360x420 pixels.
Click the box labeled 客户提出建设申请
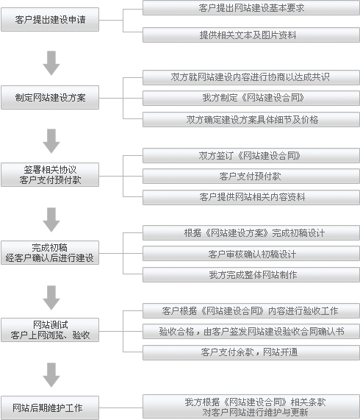pos(50,20)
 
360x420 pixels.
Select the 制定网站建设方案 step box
pos(50,98)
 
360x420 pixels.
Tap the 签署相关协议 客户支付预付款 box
pos(50,174)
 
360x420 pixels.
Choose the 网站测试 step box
pos(50,330)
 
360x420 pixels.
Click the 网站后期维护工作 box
pos(50,407)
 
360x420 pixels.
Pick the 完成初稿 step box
pos(50,252)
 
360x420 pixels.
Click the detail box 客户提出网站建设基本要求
pos(251,8)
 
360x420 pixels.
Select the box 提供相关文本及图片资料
pos(251,35)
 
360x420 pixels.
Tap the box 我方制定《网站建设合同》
pos(251,98)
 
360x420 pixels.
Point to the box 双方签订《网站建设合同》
pos(251,156)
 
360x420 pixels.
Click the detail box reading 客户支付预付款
pos(251,176)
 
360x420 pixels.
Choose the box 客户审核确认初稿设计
pos(251,253)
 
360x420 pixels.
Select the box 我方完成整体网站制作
pos(251,274)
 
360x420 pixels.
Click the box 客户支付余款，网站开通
pos(251,352)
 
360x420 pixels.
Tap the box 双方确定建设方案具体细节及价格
pos(251,119)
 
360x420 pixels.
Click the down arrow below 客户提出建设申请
pos(51,63)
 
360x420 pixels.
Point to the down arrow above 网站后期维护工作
pos(51,375)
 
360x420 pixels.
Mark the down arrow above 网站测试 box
pos(51,298)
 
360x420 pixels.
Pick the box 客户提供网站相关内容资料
pos(251,197)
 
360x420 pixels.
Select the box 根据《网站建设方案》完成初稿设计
pos(251,232)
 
